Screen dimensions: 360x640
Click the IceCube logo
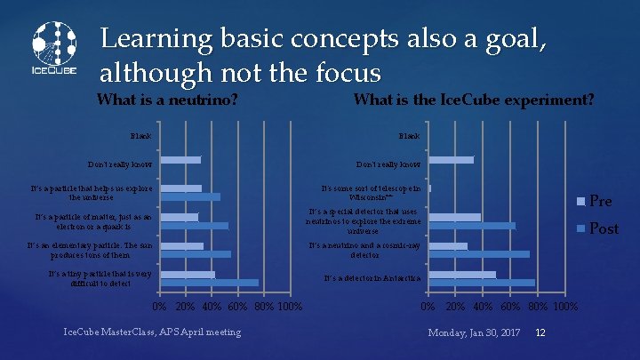(x=54, y=48)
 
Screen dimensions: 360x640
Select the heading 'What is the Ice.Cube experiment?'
(x=474, y=100)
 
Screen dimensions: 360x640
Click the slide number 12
(x=540, y=332)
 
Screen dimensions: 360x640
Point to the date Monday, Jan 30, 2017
(x=474, y=332)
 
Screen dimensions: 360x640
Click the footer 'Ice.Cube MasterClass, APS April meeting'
(x=152, y=332)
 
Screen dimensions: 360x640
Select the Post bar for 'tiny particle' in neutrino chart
(x=209, y=283)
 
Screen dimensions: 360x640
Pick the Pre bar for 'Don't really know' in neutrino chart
(x=180, y=160)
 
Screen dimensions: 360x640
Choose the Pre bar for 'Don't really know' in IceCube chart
(x=451, y=160)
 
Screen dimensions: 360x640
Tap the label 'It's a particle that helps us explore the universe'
(x=92, y=192)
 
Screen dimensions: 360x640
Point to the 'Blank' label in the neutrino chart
(x=140, y=136)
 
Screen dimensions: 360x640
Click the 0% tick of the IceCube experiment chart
(x=428, y=308)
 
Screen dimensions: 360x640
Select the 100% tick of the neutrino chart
(x=289, y=308)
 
